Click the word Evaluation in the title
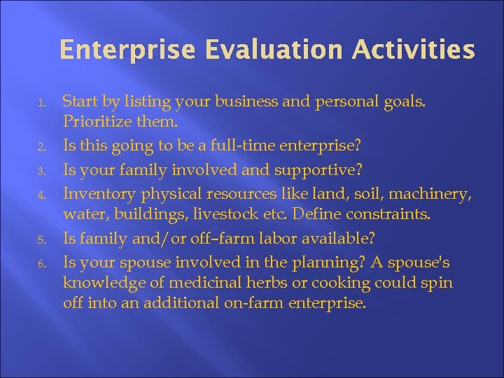[x=242, y=50]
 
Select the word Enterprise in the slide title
[x=115, y=50]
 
